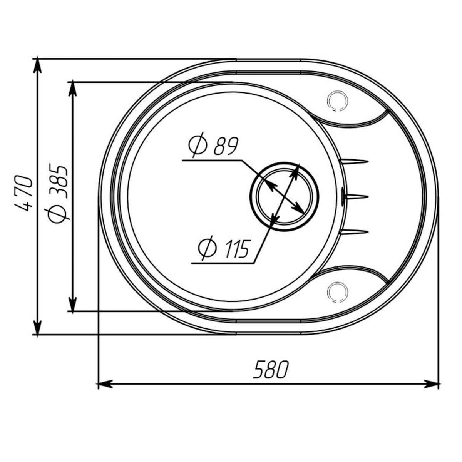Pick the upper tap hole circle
pyautogui.click(x=337, y=101)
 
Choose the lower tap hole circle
pyautogui.click(x=337, y=292)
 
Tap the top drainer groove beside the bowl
pyautogui.click(x=355, y=161)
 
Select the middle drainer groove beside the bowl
pyautogui.click(x=356, y=197)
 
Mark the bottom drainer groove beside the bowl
pyautogui.click(x=355, y=231)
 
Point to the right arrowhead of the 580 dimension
pyautogui.click(x=432, y=383)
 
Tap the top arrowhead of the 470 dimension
pyautogui.click(x=37, y=65)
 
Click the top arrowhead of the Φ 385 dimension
pyautogui.click(x=72, y=89)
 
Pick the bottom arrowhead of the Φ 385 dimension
pyautogui.click(x=72, y=304)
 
